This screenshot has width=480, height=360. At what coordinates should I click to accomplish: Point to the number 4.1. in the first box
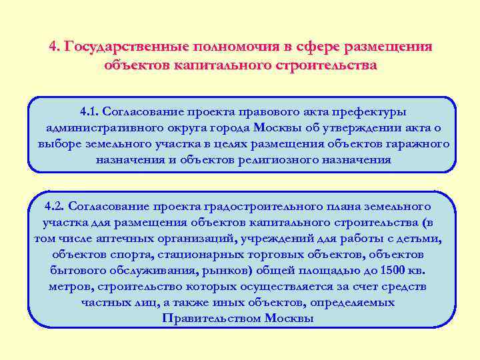click(x=89, y=112)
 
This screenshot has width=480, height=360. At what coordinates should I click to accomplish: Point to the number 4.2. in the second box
click(x=54, y=207)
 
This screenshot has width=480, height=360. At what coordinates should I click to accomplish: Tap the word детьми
click(x=417, y=239)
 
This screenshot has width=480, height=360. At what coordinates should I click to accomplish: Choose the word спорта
click(x=113, y=255)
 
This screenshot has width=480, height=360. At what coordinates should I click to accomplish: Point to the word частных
click(x=108, y=303)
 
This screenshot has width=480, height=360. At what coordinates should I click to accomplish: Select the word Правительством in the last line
click(x=210, y=318)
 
